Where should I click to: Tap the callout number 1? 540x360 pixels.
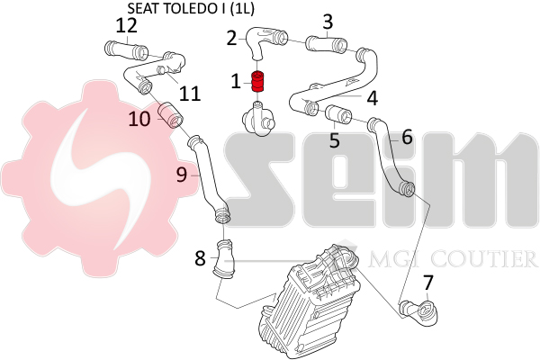pyautogui.click(x=236, y=82)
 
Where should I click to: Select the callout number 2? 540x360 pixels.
pyautogui.click(x=231, y=38)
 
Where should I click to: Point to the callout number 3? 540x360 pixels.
pyautogui.click(x=328, y=21)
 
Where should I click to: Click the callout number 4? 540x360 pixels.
pyautogui.click(x=372, y=94)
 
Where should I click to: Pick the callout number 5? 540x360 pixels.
pyautogui.click(x=334, y=139)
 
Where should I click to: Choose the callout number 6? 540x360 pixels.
pyautogui.click(x=407, y=137)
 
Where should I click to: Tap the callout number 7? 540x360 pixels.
pyautogui.click(x=427, y=283)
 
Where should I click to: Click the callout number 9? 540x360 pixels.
pyautogui.click(x=182, y=176)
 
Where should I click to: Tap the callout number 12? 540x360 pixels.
pyautogui.click(x=126, y=25)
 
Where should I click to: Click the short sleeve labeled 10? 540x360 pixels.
pyautogui.click(x=170, y=114)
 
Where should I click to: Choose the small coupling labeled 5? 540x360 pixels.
pyautogui.click(x=338, y=113)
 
